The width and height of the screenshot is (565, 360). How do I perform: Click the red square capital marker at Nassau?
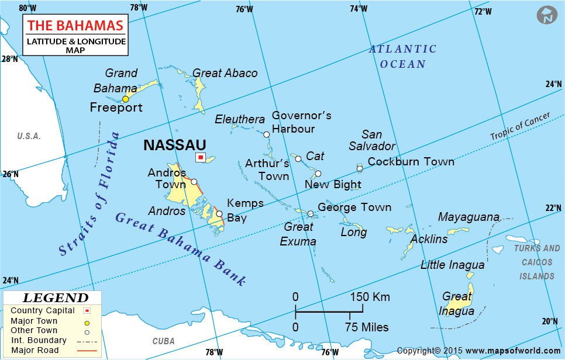click(x=201, y=157)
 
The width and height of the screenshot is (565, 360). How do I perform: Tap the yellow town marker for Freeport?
click(x=125, y=99)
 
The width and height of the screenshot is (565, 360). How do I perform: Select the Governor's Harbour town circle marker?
click(x=267, y=134)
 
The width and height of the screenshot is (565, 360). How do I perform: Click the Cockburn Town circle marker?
click(x=360, y=169)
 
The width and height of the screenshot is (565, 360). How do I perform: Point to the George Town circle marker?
click(x=311, y=213)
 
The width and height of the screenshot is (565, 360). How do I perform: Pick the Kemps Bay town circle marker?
click(x=219, y=214)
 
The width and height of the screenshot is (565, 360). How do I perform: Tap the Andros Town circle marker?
click(x=194, y=182)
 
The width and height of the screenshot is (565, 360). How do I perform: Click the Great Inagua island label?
click(x=458, y=303)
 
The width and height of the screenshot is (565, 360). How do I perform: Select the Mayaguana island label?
click(x=469, y=217)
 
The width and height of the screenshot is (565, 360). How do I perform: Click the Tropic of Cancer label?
click(x=521, y=127)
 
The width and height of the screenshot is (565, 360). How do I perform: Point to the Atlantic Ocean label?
click(x=402, y=57)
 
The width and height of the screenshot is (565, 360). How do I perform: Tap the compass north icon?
click(x=547, y=15)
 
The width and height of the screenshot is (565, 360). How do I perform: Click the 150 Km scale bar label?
click(x=370, y=297)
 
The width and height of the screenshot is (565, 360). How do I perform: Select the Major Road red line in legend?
click(x=85, y=350)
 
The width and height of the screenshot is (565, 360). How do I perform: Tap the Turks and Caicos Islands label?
click(x=537, y=262)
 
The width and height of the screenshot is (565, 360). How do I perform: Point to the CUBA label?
click(x=163, y=341)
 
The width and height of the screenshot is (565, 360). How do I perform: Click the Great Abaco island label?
click(x=225, y=73)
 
